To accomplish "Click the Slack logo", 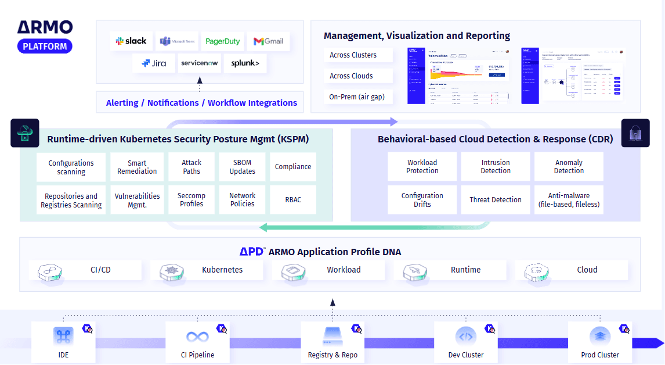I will click(x=131, y=41).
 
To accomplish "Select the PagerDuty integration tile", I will click(x=223, y=41).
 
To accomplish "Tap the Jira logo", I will click(x=153, y=63).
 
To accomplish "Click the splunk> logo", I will click(x=245, y=63).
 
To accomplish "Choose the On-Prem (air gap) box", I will click(x=357, y=97).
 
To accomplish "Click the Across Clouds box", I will click(x=357, y=76).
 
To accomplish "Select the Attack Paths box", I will click(x=191, y=167).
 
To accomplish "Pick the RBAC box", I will click(x=293, y=200).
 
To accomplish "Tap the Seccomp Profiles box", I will click(x=191, y=200).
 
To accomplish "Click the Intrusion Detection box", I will click(x=496, y=167).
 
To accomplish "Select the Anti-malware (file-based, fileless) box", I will click(x=569, y=200).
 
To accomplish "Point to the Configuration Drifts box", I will click(x=422, y=200).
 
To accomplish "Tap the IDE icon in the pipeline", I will click(x=63, y=336).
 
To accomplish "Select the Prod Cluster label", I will click(x=600, y=355).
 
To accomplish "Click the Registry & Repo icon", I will click(x=332, y=336).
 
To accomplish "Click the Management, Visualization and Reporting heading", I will click(x=417, y=36).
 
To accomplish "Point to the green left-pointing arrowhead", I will click(x=263, y=227).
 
